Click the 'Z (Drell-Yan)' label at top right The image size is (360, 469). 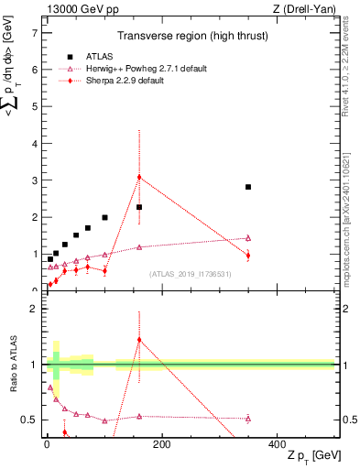click(308, 8)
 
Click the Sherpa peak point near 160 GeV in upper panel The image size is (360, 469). click(139, 177)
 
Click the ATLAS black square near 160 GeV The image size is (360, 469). click(139, 207)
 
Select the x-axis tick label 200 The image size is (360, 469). click(161, 444)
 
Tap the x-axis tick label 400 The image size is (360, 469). click(277, 444)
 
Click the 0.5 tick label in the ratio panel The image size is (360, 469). click(29, 420)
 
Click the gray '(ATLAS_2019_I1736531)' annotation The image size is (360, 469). click(191, 274)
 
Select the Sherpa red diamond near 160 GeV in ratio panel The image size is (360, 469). click(139, 340)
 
